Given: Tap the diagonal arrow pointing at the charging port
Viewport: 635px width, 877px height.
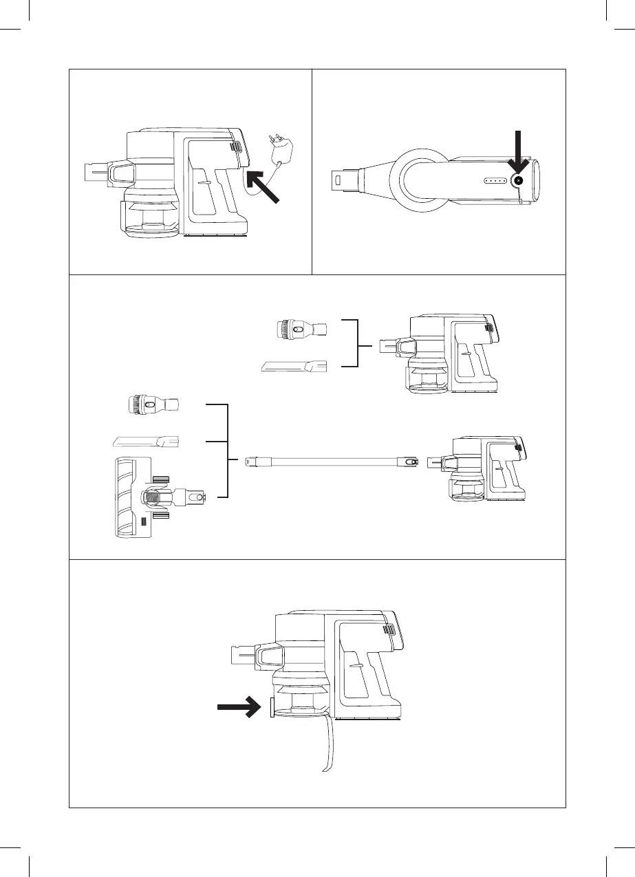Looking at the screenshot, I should tap(263, 185).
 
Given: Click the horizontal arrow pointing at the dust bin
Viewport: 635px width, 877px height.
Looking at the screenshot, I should tap(237, 706).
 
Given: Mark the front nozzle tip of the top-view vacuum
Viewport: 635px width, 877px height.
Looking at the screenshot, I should tap(340, 181).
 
